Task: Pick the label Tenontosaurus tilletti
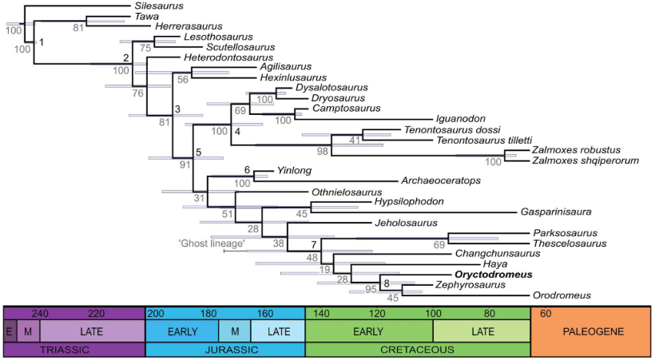(x=470, y=140)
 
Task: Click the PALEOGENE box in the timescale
(x=591, y=330)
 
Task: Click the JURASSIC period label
(x=225, y=349)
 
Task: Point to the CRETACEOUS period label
(x=417, y=349)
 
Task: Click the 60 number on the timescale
(x=546, y=314)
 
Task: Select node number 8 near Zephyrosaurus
(x=387, y=283)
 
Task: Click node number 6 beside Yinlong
(x=247, y=170)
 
